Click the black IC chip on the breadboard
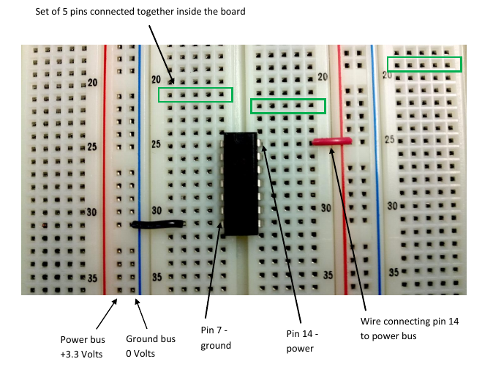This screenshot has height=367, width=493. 241,183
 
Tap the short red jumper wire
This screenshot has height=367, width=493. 331,140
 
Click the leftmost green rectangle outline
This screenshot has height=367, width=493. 195,94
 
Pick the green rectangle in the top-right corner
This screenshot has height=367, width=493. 424,64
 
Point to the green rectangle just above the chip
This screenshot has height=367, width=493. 287,106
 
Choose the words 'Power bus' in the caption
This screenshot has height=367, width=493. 83,340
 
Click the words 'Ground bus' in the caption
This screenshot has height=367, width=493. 151,339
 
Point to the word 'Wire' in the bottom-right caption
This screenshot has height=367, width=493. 372,322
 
